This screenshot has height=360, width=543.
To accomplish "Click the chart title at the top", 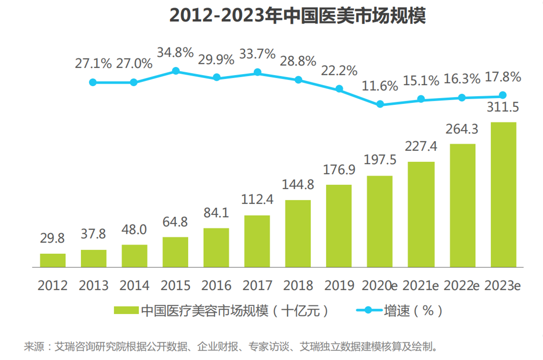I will coord(297,16).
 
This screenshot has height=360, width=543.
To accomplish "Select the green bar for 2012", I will coord(53,260).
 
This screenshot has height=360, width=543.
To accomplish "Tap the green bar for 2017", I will coord(257,241).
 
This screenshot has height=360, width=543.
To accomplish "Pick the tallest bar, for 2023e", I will coord(503,194).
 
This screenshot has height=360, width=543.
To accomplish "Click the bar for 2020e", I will coord(380,221).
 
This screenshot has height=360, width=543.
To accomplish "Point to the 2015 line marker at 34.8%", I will coord(176,71).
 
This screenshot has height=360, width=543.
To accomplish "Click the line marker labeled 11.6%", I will coord(380,104).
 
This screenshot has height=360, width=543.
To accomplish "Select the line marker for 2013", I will coord(93,82).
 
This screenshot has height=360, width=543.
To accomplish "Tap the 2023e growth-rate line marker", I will coord(503,95).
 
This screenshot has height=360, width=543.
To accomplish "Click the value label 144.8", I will coord(298,185).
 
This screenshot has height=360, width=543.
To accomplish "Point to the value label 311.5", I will coord(503,108).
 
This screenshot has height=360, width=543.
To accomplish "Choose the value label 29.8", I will coord(53,238).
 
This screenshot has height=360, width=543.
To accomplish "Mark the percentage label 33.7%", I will coord(258,53).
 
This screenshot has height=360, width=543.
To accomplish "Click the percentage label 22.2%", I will coord(339,70).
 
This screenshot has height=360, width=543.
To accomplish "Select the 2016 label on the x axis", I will coord(216,285).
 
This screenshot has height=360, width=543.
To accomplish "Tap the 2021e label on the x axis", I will coord(421,285).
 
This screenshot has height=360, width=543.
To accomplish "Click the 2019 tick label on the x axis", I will coord(339,285).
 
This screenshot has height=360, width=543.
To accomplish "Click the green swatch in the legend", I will coord(126,310).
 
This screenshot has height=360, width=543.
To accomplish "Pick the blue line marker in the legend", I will coord(368,310).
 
